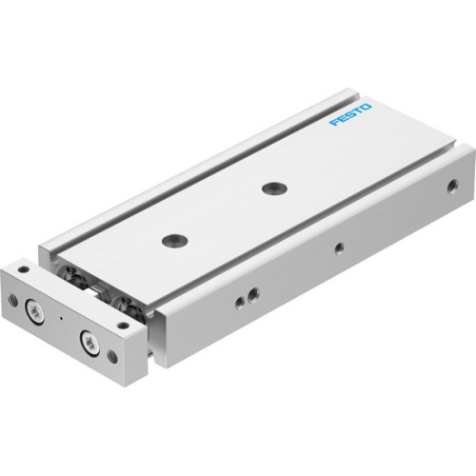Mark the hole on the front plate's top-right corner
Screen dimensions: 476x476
click(122, 325)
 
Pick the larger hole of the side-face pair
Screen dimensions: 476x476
click(252, 293)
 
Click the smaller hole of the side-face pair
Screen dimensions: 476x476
click(239, 302)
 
